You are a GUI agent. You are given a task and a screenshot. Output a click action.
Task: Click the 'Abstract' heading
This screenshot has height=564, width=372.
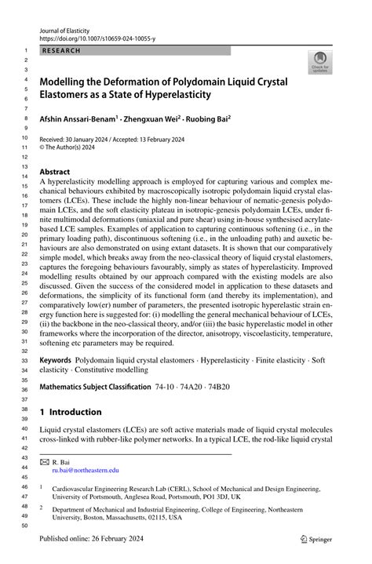(59, 171)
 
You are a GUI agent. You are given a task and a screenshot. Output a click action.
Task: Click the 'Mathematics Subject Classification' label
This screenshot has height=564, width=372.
(94, 388)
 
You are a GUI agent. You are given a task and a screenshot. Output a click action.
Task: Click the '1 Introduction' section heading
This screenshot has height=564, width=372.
(71, 413)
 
